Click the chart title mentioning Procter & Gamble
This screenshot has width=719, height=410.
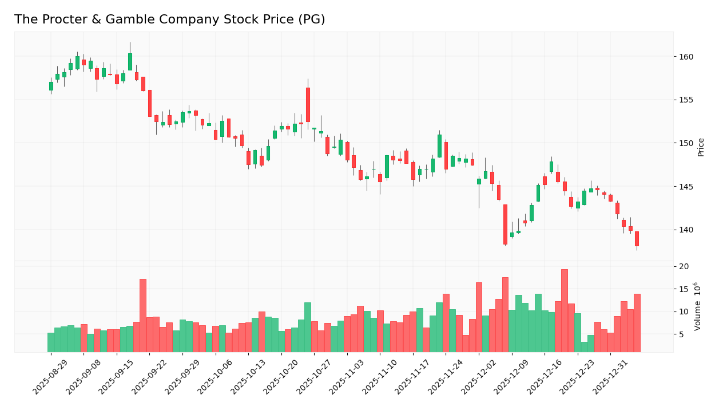click(169, 20)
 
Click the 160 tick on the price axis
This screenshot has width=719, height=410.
click(686, 57)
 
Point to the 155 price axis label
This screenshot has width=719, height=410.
click(686, 100)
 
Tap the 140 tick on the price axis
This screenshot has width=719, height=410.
click(686, 230)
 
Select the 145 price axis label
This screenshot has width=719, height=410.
click(686, 187)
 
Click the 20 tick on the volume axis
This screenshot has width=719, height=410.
click(684, 267)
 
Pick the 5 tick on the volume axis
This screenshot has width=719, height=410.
click(682, 334)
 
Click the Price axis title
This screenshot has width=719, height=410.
click(701, 147)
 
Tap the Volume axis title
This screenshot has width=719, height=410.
click(698, 306)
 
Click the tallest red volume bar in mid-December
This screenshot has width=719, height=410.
click(565, 310)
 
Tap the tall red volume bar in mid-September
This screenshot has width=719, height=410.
click(143, 315)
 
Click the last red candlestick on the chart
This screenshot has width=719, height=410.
click(637, 239)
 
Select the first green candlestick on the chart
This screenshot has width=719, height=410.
click(51, 86)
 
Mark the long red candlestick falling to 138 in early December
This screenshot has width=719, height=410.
click(505, 224)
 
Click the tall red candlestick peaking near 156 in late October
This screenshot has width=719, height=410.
click(308, 105)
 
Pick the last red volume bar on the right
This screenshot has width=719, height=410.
click(637, 323)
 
